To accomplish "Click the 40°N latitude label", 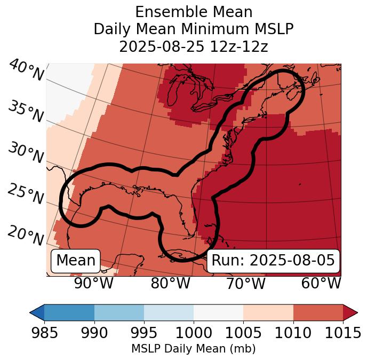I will pos(26,71).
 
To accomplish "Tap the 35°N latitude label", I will pos(26,112).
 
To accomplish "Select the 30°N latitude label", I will pos(26,153).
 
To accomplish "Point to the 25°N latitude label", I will pos(26,194).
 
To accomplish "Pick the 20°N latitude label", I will pos(26,235).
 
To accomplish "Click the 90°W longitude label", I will pos(94,283).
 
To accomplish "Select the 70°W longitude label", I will pos(245,283).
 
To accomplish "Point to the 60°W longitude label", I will pos(321,283).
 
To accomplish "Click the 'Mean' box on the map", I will pos(76,261).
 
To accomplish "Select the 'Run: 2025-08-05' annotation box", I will pos(273,261).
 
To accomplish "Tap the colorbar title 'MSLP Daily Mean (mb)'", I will pos(194,349).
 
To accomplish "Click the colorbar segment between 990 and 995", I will pos(119,312).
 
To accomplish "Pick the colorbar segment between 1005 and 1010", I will pos(268,312).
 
